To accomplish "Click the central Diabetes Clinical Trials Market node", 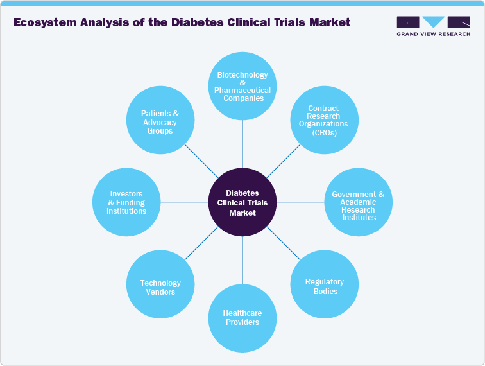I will pyautogui.click(x=242, y=202).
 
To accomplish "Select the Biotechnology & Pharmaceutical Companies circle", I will pyautogui.click(x=242, y=87).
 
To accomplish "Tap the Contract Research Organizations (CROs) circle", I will pyautogui.click(x=324, y=120).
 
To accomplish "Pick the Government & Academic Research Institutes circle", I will pyautogui.click(x=358, y=202).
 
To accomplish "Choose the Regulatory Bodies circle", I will pyautogui.click(x=324, y=285).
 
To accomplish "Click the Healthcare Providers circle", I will pyautogui.click(x=242, y=317).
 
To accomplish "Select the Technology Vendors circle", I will pyautogui.click(x=160, y=286).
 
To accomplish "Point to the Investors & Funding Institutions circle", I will pyautogui.click(x=126, y=202).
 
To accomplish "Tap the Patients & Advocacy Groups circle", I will pyautogui.click(x=160, y=121).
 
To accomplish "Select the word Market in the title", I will pyautogui.click(x=328, y=22).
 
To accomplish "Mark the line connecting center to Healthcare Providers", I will pyautogui.click(x=242, y=260).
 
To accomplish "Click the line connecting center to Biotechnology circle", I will pyautogui.click(x=242, y=144).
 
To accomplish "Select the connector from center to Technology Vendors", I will pyautogui.click(x=202, y=243).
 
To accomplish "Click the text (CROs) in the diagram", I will pyautogui.click(x=324, y=132).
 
